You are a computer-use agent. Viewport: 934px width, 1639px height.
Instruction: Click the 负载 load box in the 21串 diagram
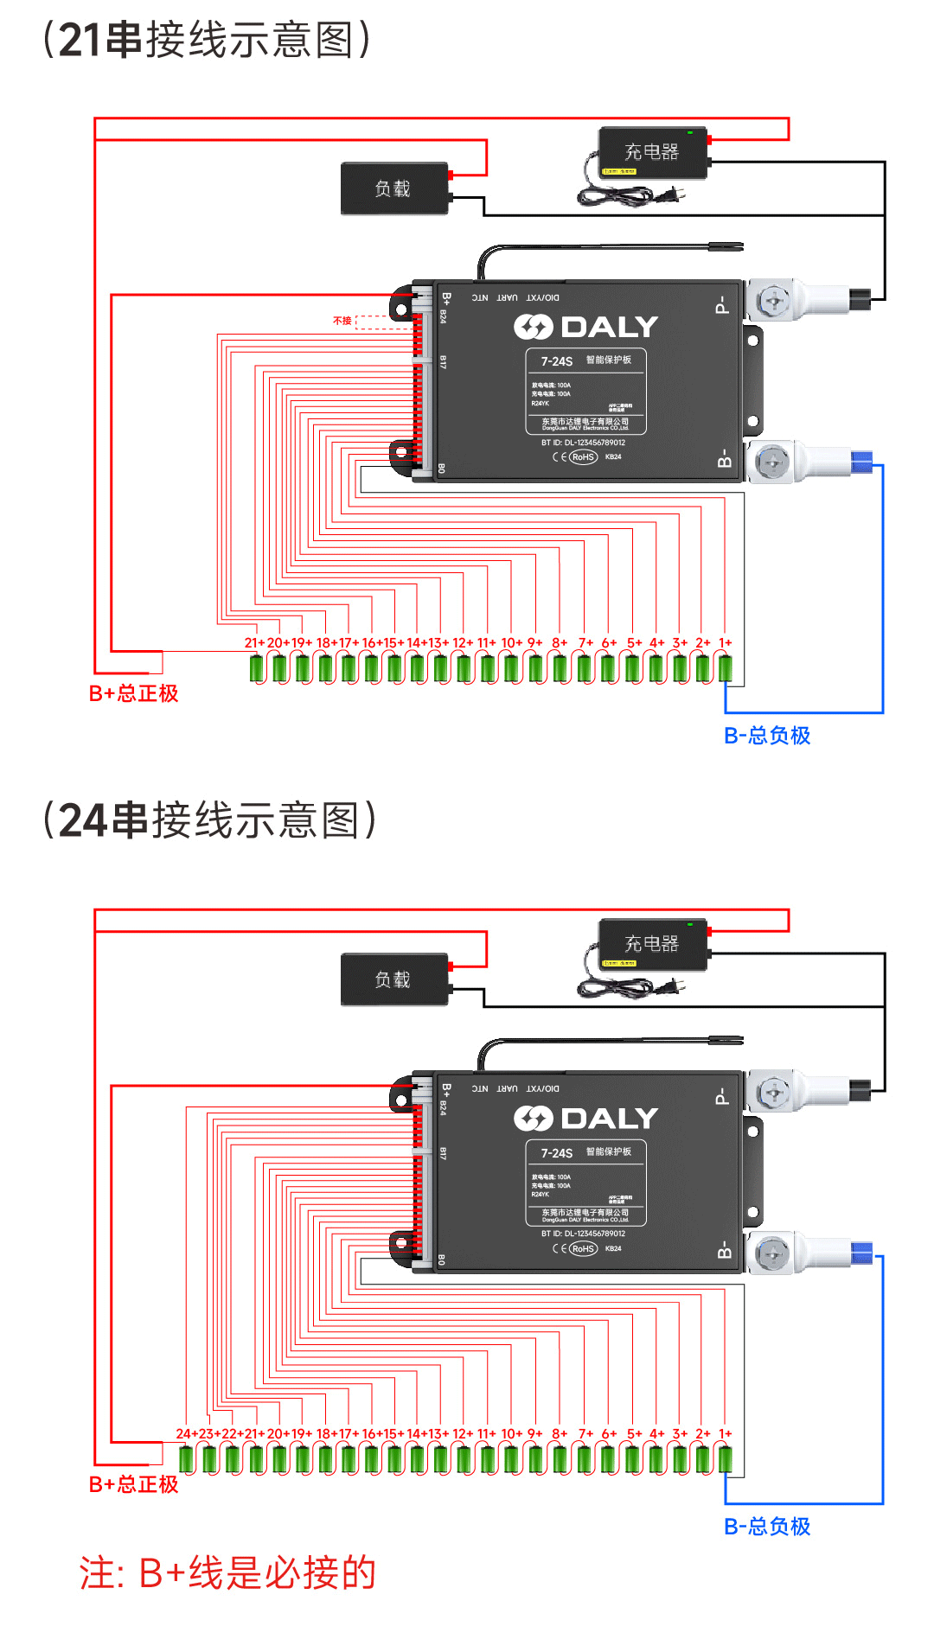[x=394, y=188]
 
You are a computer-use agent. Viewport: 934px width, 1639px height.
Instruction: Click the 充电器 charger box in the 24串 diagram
[x=653, y=944]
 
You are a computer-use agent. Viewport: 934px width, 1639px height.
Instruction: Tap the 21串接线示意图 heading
[x=207, y=40]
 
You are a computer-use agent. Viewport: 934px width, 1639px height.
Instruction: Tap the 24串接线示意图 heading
[x=209, y=819]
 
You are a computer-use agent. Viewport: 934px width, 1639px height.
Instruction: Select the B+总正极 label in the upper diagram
[x=133, y=693]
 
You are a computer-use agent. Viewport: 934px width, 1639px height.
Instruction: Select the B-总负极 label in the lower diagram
[x=767, y=1527]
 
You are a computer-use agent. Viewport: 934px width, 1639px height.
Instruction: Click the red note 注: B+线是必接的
[x=228, y=1572]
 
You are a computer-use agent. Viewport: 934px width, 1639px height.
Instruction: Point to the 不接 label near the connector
[x=342, y=321]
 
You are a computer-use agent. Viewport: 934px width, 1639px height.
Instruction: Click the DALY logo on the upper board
[x=586, y=327]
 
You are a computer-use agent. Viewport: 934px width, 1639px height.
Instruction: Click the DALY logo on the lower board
[x=586, y=1119]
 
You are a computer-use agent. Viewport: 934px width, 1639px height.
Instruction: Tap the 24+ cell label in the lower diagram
[x=185, y=1434]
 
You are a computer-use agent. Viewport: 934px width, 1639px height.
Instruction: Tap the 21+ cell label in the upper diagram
[x=253, y=643]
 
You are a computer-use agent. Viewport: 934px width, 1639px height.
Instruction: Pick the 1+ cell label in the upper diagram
[x=726, y=643]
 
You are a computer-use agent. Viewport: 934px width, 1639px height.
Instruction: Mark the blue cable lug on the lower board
[x=861, y=1253]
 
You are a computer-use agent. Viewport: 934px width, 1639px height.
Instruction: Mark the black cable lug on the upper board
[x=860, y=299]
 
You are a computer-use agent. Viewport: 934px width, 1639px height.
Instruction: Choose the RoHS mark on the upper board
[x=583, y=457]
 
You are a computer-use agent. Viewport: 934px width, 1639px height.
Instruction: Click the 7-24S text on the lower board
[x=557, y=1153]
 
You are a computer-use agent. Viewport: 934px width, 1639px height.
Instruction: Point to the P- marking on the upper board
[x=722, y=305]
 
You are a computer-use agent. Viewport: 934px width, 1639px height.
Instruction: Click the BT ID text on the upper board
[x=583, y=443]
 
